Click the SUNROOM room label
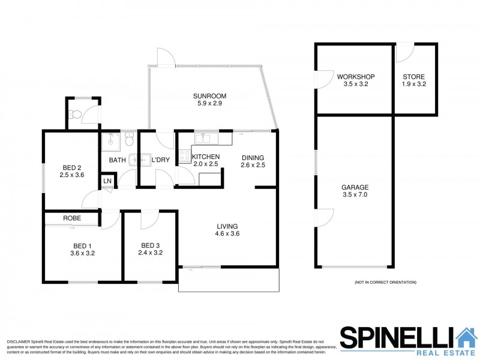tap(205, 95)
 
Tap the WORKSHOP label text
tap(356, 77)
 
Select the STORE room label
tap(413, 77)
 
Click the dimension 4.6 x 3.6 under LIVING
tap(228, 234)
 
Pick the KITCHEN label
tap(206, 157)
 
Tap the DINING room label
tap(253, 157)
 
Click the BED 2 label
tap(71, 168)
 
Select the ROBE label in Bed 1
tap(72, 218)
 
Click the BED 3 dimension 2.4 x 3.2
tap(151, 253)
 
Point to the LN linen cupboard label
tap(107, 181)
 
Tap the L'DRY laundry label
tap(159, 160)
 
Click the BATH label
tap(117, 160)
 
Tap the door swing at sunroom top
tap(163, 57)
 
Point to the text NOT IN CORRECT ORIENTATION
tap(385, 282)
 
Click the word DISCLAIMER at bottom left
tap(18, 341)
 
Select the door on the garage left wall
tap(325, 217)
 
